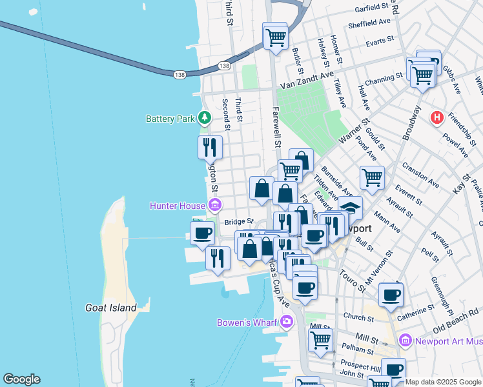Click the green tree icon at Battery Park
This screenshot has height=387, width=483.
coord(205,117)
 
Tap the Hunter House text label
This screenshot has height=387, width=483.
coord(176,206)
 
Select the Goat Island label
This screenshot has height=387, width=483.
coord(111,308)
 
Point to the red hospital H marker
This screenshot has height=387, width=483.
coord(437,117)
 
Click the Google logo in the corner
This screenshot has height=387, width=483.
coord(21,379)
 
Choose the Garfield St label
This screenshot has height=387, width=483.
coord(375,8)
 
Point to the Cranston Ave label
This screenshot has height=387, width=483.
coord(420,175)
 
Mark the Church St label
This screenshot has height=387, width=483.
coord(355,317)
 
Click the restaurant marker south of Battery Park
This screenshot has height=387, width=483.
coord(210,147)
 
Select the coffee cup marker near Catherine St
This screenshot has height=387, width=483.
coord(391,295)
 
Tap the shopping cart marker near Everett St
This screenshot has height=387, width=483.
coord(372,177)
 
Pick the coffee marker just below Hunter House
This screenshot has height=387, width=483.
coord(203,233)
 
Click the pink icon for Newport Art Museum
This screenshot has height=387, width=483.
coord(406,339)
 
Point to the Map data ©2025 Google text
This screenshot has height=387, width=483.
coord(443,381)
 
